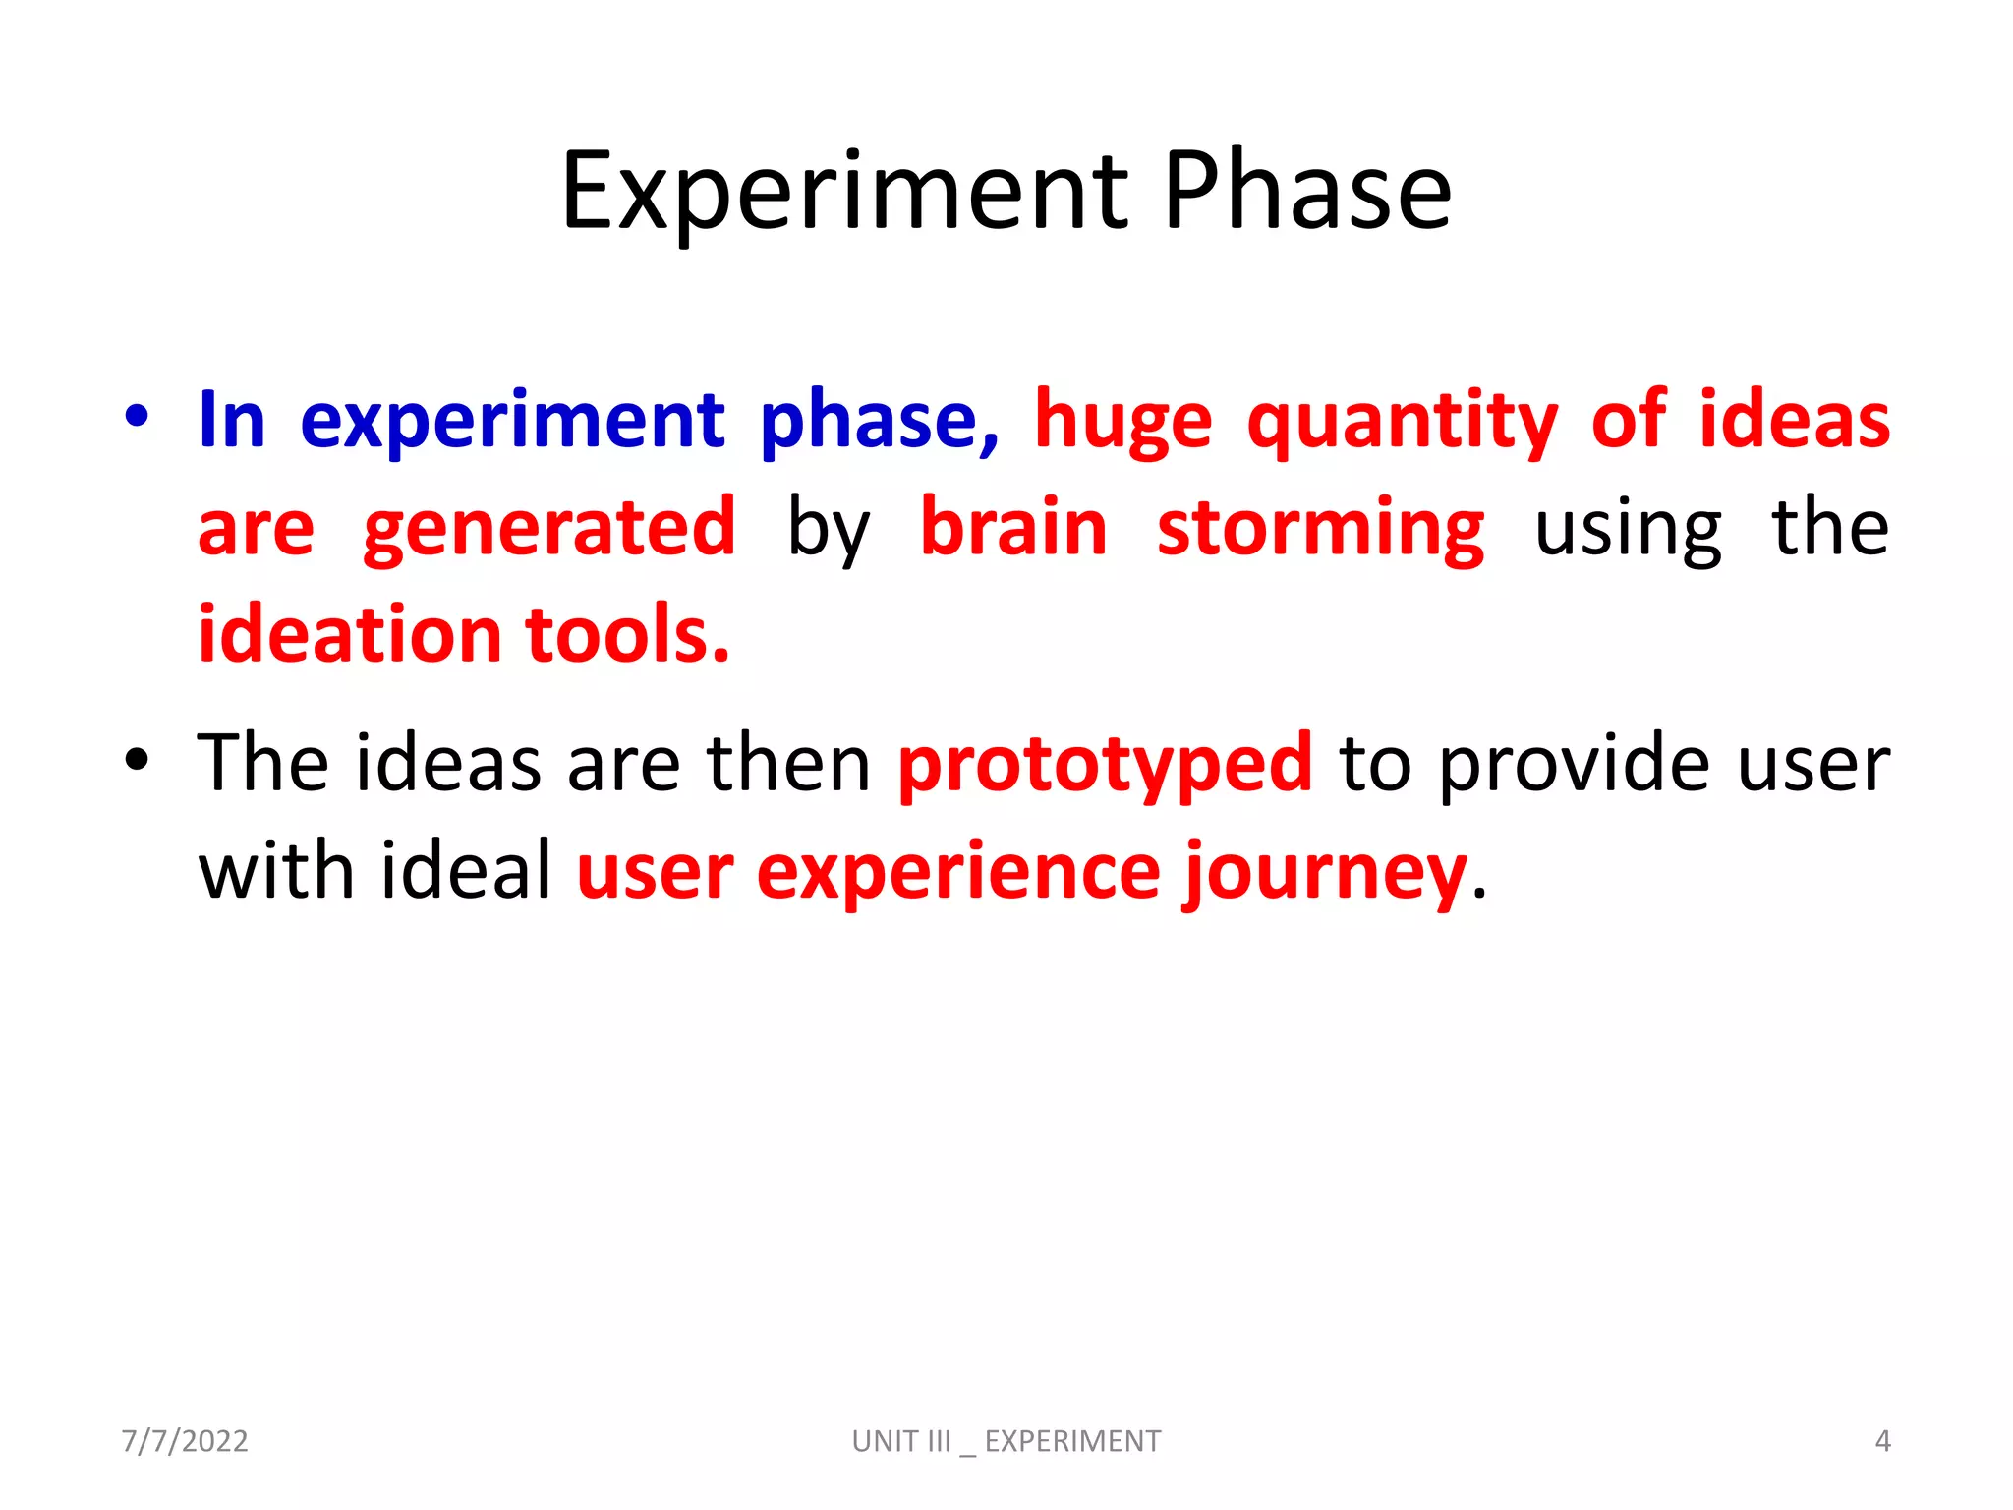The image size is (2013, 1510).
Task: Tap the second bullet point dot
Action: [x=137, y=759]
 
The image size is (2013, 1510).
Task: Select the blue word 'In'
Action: [x=232, y=421]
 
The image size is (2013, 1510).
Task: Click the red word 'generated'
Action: [x=548, y=529]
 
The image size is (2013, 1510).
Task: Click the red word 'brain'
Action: [x=1013, y=529]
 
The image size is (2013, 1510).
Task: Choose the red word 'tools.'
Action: [x=628, y=634]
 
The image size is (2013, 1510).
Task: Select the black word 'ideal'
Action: [x=467, y=870]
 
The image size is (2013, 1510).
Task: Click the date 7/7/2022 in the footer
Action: [x=185, y=1441]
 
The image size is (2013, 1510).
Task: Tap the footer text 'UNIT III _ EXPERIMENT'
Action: [x=1006, y=1441]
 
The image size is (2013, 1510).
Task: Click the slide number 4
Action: [x=1882, y=1441]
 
